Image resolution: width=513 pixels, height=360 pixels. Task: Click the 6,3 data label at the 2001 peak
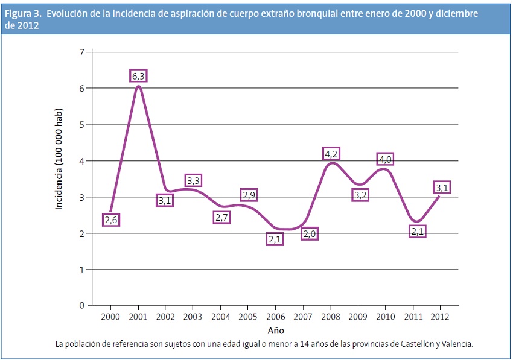138,76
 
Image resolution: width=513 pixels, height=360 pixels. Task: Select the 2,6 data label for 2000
110,220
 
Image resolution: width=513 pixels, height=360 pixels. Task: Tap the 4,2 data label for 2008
331,153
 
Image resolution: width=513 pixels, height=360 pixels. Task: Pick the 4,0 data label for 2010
386,159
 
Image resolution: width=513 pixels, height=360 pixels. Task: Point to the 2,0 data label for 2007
309,233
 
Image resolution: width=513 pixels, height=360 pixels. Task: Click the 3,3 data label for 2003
193,180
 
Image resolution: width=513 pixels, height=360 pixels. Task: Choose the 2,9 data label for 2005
249,195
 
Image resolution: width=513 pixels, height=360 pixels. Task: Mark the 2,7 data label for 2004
221,217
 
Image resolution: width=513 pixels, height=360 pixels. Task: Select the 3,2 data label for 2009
360,195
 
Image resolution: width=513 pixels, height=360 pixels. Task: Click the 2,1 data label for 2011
416,231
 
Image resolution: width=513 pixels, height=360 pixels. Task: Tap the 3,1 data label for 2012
441,188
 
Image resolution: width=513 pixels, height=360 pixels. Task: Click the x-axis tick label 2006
275,316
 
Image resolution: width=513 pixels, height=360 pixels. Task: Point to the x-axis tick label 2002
165,316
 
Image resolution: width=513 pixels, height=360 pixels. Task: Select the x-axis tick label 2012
440,316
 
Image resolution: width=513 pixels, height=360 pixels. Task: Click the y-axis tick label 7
81,52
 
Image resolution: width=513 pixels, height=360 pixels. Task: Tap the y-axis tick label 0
81,306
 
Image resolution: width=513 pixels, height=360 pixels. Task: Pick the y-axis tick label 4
81,161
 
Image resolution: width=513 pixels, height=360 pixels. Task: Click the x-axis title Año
275,330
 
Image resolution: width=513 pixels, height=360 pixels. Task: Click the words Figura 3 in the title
23,14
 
